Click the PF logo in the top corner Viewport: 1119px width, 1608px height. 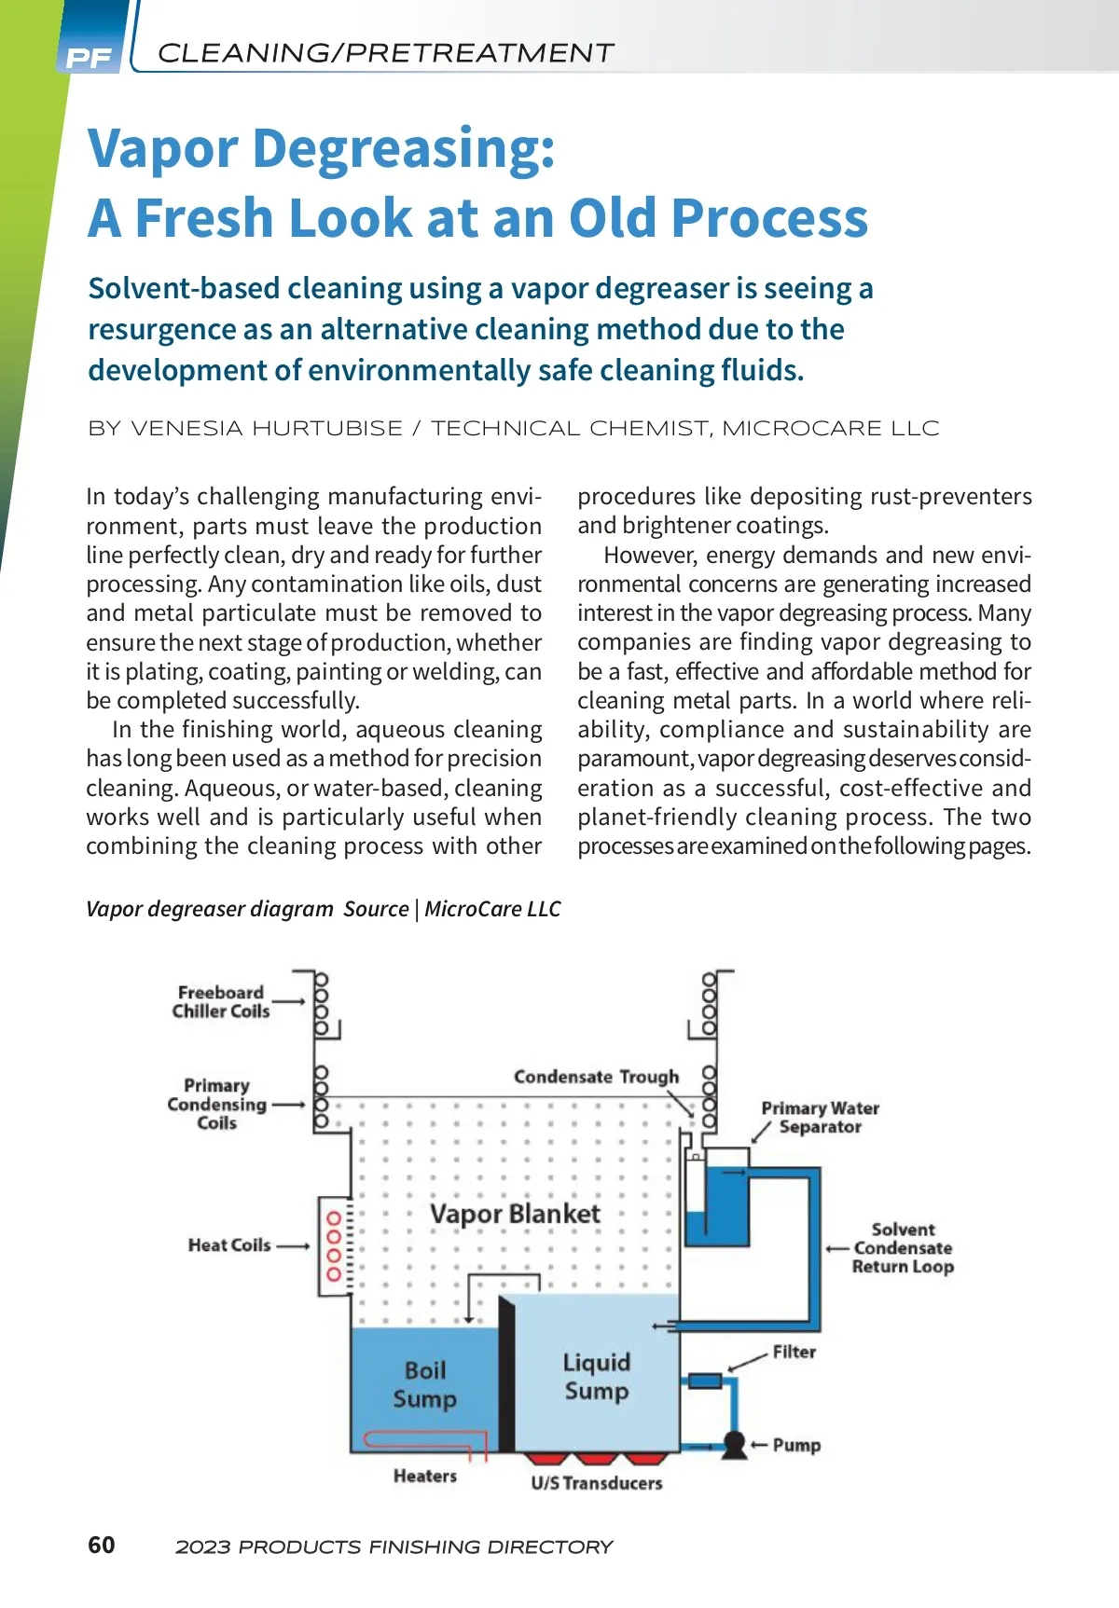click(90, 57)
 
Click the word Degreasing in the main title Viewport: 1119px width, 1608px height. click(403, 149)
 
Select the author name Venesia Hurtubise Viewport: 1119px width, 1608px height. click(267, 429)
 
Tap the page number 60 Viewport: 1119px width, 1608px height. click(101, 1545)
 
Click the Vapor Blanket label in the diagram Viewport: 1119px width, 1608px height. click(515, 1214)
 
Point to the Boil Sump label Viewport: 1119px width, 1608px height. click(425, 1384)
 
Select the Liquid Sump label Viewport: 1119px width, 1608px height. click(597, 1377)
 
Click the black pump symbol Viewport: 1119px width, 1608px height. click(735, 1444)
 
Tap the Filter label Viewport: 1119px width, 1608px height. click(794, 1352)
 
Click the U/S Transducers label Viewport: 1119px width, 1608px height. click(597, 1483)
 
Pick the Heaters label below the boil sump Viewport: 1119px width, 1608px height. click(425, 1476)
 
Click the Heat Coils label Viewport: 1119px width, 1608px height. click(229, 1245)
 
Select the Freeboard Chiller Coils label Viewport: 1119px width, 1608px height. click(221, 1002)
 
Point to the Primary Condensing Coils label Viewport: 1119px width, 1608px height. click(216, 1105)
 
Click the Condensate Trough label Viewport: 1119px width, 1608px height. click(597, 1077)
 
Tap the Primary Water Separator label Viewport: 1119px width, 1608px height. click(821, 1117)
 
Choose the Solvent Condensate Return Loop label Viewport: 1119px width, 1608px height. click(903, 1248)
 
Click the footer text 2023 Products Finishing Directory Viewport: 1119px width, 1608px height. click(394, 1547)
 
